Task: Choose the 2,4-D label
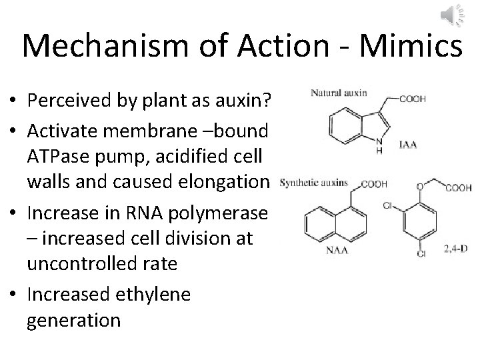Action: pyautogui.click(x=456, y=250)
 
